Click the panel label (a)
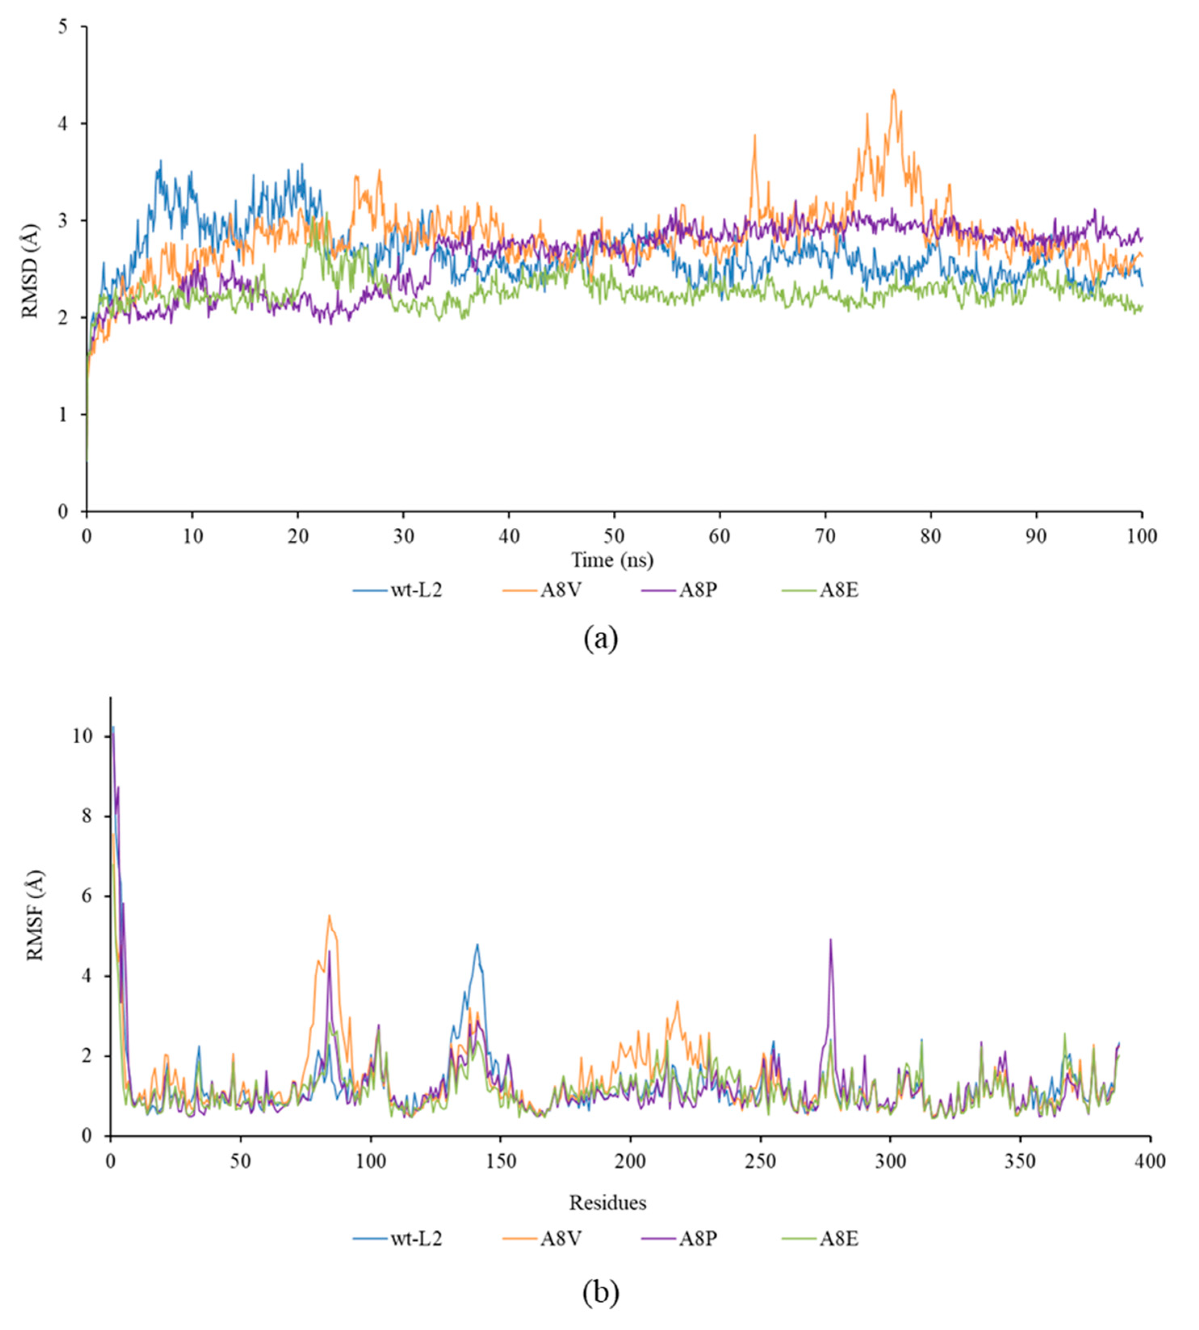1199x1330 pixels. click(600, 638)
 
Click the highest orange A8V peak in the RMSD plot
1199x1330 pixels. click(894, 90)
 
